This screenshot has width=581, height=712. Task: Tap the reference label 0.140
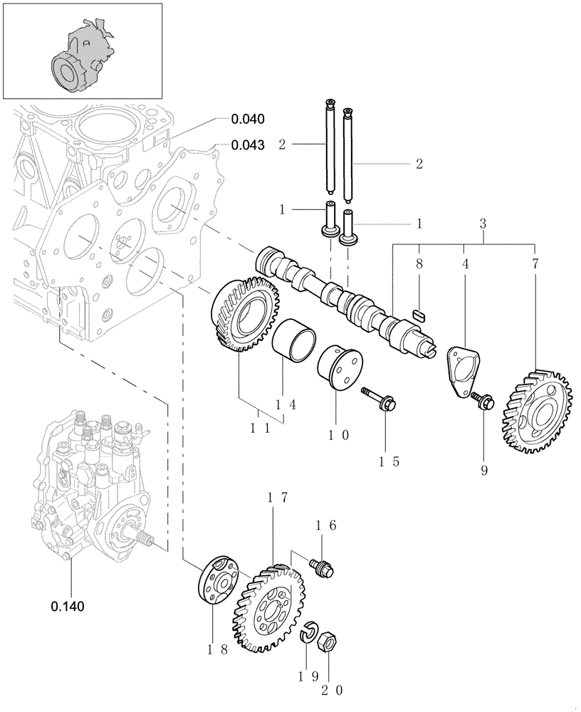click(68, 607)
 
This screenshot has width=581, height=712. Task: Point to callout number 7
click(535, 263)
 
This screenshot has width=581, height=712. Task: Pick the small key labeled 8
click(419, 311)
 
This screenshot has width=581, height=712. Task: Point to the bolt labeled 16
click(322, 566)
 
